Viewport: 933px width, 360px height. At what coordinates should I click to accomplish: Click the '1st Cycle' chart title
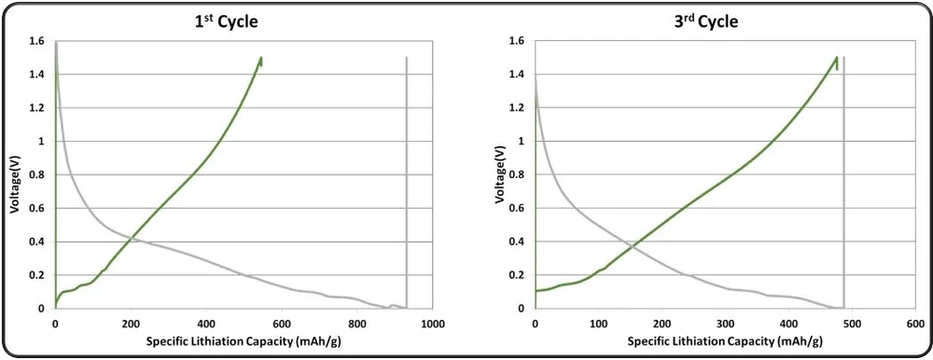(x=220, y=21)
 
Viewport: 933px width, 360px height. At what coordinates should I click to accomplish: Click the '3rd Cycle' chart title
(x=705, y=21)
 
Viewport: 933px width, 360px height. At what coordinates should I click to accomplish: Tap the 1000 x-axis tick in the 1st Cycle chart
(x=432, y=324)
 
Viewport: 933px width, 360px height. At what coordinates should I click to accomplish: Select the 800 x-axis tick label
(x=356, y=324)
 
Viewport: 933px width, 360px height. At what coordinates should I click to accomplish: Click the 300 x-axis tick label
(x=725, y=324)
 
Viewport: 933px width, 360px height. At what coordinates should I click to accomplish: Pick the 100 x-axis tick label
(x=598, y=324)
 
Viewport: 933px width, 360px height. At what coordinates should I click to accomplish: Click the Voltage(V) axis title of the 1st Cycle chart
(x=16, y=174)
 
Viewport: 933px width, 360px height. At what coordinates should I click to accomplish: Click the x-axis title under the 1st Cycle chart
(x=242, y=342)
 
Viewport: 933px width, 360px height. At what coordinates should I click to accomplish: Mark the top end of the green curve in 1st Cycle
(x=261, y=58)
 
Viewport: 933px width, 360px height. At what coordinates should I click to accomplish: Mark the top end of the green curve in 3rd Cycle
(x=837, y=58)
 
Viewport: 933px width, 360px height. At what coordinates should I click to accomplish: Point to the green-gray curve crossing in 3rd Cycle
(x=635, y=246)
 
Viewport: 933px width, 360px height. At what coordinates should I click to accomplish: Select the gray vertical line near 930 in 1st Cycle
(x=407, y=187)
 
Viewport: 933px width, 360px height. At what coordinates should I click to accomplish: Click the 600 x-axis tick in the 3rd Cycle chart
(x=915, y=324)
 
